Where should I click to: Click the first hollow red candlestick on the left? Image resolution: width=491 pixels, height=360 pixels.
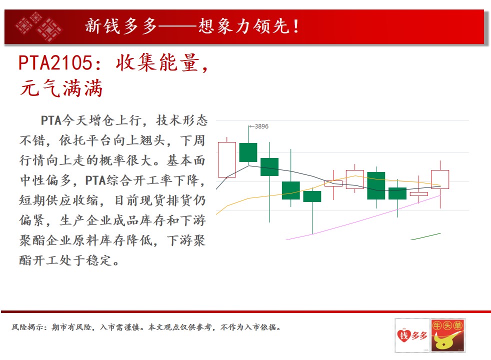point(226,159)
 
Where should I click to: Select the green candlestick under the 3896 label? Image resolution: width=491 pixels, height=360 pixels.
point(248,152)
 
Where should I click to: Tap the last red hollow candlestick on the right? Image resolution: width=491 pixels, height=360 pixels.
point(440,179)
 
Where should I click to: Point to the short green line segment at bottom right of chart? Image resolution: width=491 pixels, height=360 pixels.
point(425,236)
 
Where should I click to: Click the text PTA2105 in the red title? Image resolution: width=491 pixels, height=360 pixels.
point(55,62)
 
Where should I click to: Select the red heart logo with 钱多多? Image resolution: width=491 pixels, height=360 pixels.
point(412,335)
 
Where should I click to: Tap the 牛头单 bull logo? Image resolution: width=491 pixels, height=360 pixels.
point(447,335)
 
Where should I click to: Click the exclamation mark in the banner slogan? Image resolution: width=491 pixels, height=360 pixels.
point(296,26)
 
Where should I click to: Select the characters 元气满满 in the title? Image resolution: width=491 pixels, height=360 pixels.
point(61,88)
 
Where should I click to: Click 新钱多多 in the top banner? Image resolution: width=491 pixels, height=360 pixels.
point(121,26)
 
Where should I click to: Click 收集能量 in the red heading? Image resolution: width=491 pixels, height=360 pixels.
point(157,62)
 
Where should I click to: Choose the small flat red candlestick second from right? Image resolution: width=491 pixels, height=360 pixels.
point(418,194)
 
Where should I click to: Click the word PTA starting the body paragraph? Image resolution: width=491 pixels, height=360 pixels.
point(51,120)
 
